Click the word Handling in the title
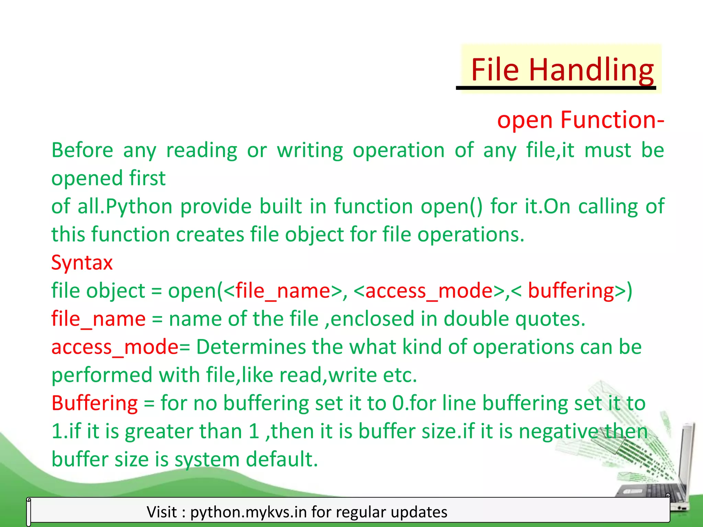591,70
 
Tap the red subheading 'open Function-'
580,120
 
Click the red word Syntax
82,263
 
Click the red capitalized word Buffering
94,403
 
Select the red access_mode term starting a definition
115,347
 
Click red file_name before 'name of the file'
98,319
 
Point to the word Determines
251,347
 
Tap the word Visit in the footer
162,512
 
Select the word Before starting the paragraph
82,151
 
